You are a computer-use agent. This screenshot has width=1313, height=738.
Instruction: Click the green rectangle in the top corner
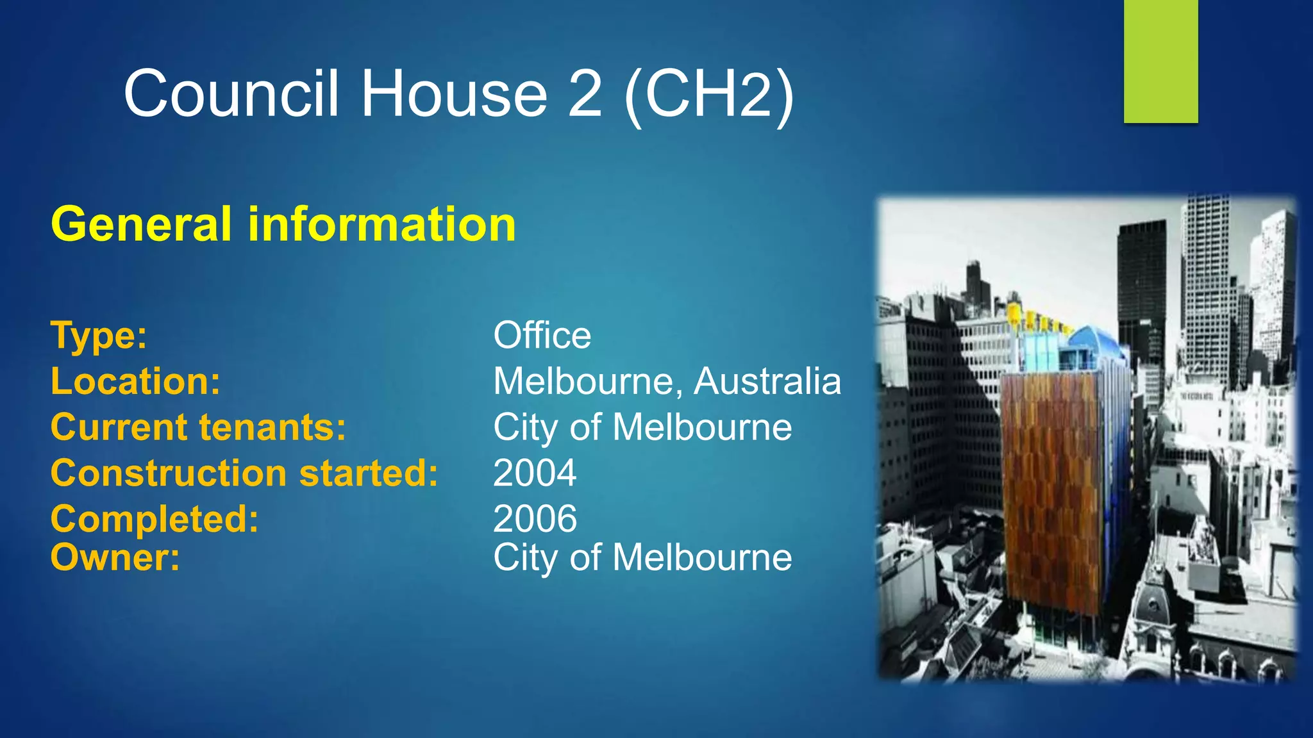[x=1160, y=61]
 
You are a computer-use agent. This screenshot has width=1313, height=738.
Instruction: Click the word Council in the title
[x=231, y=94]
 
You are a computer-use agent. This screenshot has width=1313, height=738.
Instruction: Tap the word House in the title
[x=454, y=94]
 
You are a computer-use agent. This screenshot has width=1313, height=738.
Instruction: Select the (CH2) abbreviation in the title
[x=709, y=95]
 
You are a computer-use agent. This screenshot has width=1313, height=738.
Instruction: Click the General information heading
[x=283, y=224]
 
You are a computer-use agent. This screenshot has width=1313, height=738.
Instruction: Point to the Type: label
[x=99, y=335]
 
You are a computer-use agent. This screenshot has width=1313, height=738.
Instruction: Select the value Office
[x=542, y=335]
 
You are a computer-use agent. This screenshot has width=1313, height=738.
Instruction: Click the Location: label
[x=135, y=381]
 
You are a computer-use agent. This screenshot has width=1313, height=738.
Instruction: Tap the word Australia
[x=767, y=381]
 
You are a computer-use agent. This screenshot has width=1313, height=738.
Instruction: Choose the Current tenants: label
[x=198, y=427]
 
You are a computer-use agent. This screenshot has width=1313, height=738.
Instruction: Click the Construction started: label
[x=244, y=473]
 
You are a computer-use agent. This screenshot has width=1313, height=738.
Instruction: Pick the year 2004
[x=535, y=473]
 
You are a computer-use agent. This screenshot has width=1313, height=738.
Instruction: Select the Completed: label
[x=155, y=519]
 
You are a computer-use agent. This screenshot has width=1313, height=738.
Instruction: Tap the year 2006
[x=535, y=519]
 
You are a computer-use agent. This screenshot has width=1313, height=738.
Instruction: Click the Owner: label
[x=115, y=557]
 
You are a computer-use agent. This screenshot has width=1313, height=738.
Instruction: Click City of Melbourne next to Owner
[x=642, y=557]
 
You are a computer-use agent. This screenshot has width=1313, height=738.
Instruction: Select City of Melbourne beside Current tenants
[x=642, y=427]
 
